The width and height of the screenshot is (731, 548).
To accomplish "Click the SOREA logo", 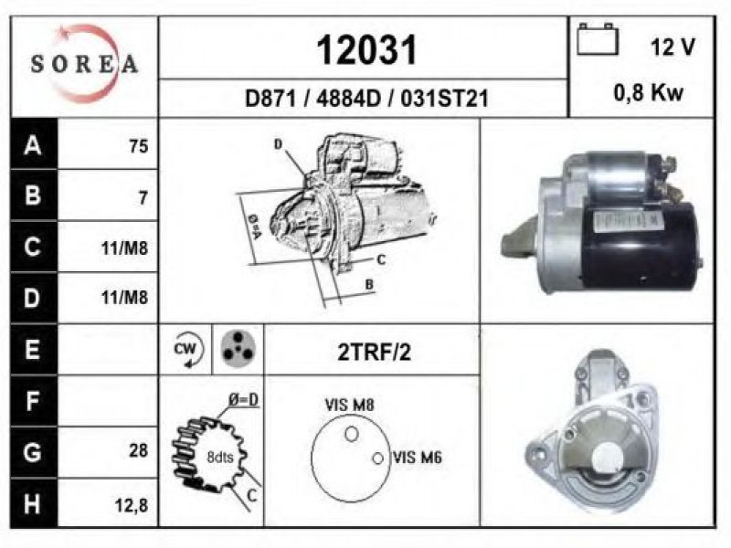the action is pos(84,64).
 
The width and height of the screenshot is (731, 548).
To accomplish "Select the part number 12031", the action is pos(366,50).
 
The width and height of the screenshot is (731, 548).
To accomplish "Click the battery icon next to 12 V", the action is pos(598,39).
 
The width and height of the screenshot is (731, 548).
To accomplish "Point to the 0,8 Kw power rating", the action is pos(648,93).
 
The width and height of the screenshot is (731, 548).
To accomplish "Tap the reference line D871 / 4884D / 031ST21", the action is pos(366,99).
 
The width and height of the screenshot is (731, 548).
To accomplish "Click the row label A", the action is pos(33,145).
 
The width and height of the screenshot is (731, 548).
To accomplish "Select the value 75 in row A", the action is pos(139,146).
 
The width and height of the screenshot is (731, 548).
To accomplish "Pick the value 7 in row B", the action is pos(143,198).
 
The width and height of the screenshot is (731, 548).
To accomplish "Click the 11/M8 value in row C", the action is pos(124,248).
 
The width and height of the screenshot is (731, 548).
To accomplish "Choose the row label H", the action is pos(32,504).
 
